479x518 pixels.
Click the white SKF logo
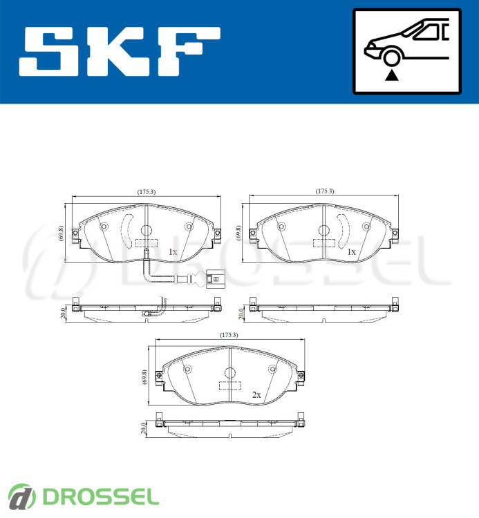pyautogui.click(x=120, y=51)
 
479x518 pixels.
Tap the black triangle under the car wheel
pyautogui.click(x=392, y=76)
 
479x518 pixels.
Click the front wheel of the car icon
pyautogui.click(x=391, y=57)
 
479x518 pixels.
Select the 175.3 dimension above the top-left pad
pyautogui.click(x=147, y=191)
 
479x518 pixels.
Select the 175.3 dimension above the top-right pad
pyautogui.click(x=325, y=191)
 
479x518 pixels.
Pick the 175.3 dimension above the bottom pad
pyautogui.click(x=229, y=335)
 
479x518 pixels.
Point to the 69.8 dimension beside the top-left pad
pyautogui.click(x=61, y=233)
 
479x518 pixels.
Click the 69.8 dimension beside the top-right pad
pyautogui.click(x=238, y=233)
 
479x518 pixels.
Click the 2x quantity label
pyautogui.click(x=256, y=395)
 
